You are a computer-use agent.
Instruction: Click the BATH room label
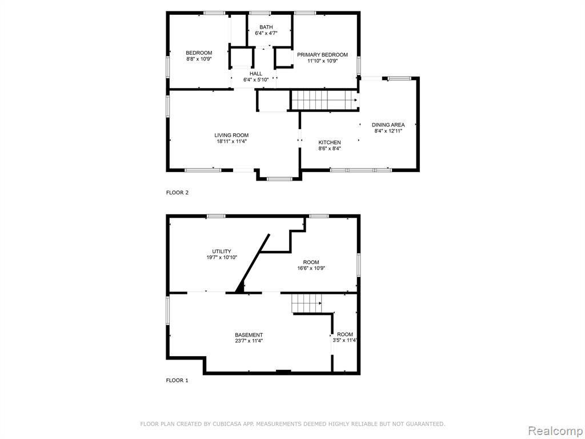click(266, 27)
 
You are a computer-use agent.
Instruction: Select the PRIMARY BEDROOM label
click(322, 55)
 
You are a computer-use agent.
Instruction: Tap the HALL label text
click(256, 74)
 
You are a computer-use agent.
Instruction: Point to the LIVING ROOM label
click(231, 135)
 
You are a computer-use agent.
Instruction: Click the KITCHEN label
click(330, 142)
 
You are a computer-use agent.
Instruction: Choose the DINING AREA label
click(388, 125)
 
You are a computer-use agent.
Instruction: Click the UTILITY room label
click(222, 252)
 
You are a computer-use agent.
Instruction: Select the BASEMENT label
click(249, 335)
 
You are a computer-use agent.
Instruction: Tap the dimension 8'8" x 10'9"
click(199, 59)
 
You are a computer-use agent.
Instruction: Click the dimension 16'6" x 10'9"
click(311, 268)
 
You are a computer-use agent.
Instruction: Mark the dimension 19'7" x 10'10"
click(222, 257)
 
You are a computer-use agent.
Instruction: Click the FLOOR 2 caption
click(177, 193)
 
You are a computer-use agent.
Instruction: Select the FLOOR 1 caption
click(177, 380)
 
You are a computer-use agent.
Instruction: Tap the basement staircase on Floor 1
click(307, 303)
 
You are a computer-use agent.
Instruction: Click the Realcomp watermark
click(555, 431)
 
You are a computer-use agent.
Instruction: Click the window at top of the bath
click(260, 13)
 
